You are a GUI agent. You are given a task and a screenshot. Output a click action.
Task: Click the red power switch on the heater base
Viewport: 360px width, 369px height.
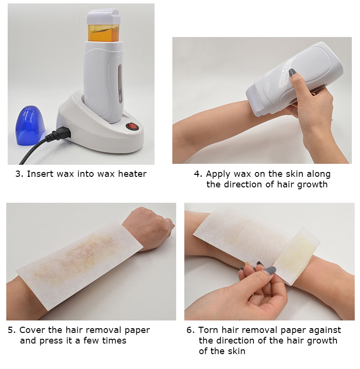point(131,126)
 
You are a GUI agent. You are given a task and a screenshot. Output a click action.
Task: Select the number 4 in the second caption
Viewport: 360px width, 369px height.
point(197,174)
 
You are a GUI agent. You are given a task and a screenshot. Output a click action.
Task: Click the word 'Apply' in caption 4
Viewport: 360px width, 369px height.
point(217,174)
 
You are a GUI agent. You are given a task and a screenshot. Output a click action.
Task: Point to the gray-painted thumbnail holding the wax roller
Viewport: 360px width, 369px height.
point(291,73)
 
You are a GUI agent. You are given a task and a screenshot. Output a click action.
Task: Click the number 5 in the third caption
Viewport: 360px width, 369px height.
point(10,330)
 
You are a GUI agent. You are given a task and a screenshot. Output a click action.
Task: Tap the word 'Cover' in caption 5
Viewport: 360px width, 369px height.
point(32,330)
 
